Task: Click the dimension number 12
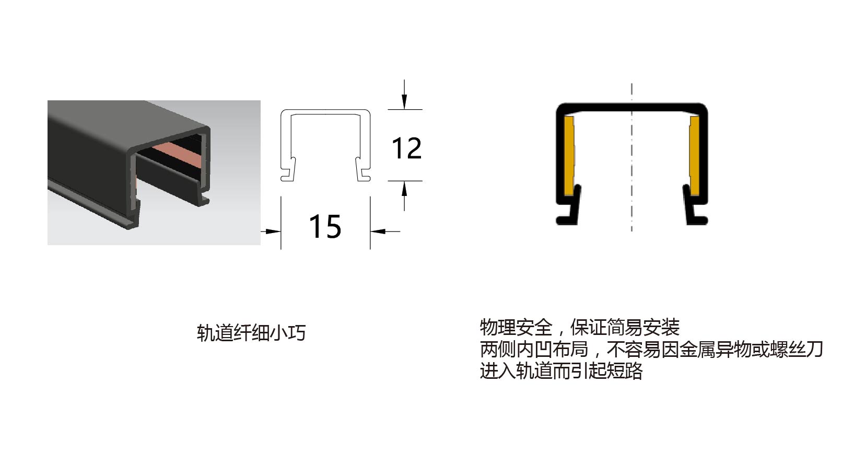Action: coord(406,148)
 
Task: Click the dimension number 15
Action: coord(325,227)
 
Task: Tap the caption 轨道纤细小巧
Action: coord(251,333)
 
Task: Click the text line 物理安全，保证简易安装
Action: coord(579,328)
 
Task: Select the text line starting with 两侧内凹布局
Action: coord(651,349)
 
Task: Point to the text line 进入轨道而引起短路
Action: coord(561,371)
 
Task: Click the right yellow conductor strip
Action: coord(694,156)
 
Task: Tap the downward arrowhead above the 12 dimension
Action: coord(404,101)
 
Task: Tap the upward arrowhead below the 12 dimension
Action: coord(404,189)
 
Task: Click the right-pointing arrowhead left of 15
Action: coord(273,230)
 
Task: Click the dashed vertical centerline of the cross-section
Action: coord(631,157)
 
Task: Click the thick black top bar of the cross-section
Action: coord(631,108)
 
